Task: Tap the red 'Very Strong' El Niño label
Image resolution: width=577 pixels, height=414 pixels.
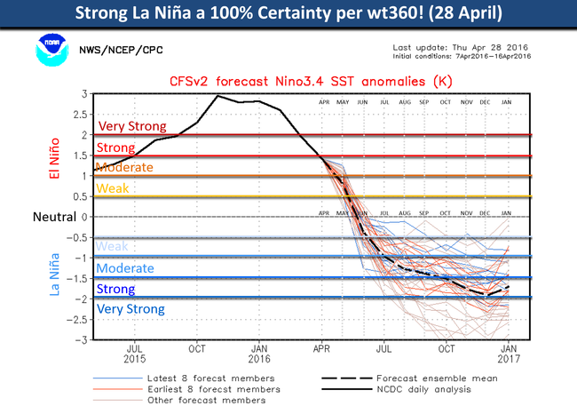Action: [x=130, y=127]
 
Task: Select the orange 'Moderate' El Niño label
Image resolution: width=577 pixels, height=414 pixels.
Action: [x=123, y=167]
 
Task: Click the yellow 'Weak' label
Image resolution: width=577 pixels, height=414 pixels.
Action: [x=112, y=188]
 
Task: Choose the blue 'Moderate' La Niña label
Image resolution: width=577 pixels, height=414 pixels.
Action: [x=125, y=268]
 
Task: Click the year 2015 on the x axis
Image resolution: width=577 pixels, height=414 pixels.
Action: [x=134, y=360]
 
